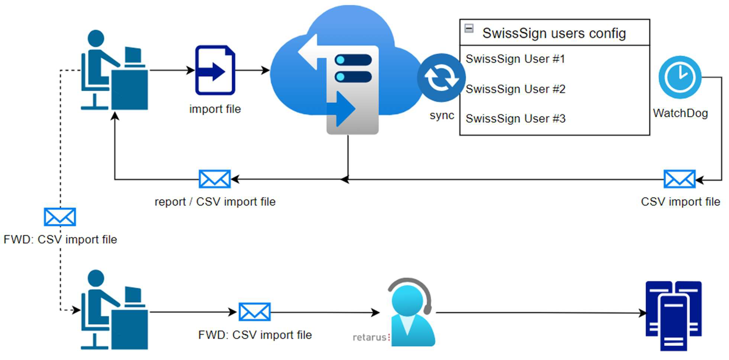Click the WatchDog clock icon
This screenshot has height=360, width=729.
[680, 77]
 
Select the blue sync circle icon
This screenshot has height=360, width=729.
[441, 78]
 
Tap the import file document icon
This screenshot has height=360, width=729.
[215, 70]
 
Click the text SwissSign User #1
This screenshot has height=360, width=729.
[515, 59]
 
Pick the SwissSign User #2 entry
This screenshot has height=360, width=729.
[515, 89]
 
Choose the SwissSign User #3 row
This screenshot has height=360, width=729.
[515, 119]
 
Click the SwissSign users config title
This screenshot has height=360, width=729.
[554, 33]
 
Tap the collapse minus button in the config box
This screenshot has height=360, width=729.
[469, 28]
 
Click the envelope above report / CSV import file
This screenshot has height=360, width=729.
[214, 179]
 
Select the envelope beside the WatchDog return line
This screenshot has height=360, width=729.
[679, 179]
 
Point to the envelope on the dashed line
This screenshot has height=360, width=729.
[60, 217]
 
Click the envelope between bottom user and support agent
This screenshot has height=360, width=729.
[254, 312]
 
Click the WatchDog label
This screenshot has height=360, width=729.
[680, 113]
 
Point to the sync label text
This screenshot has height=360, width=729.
[442, 115]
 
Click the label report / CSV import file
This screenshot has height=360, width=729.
[215, 202]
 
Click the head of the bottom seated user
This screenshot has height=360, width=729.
[96, 278]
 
